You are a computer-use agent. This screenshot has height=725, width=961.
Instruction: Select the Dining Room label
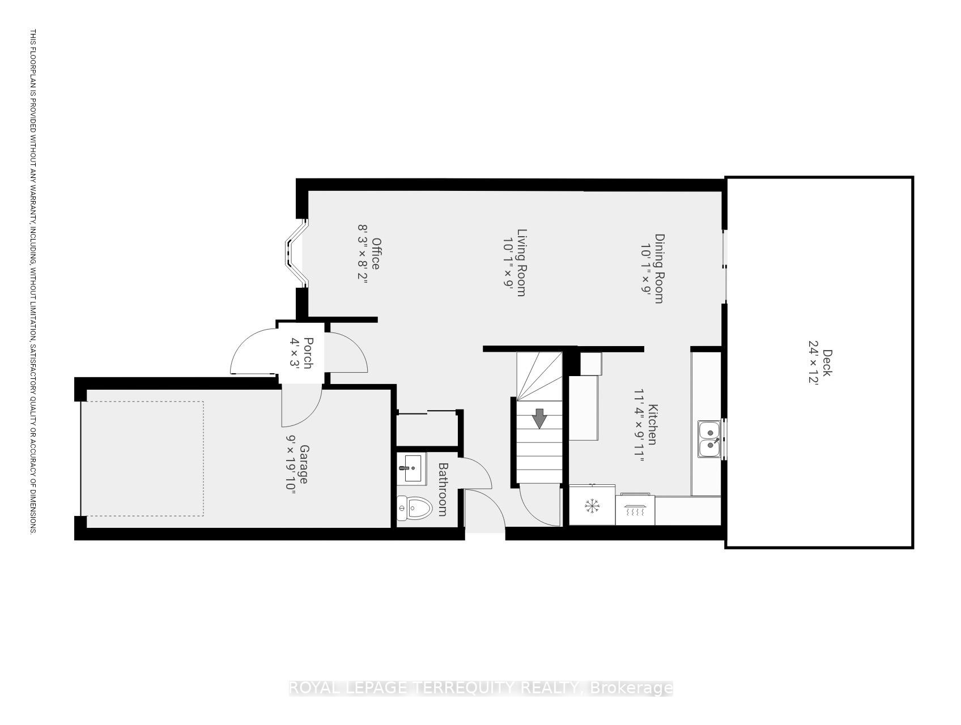[659, 268]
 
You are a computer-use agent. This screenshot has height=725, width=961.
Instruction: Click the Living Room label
[522, 262]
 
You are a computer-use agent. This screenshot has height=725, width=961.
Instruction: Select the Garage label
[304, 464]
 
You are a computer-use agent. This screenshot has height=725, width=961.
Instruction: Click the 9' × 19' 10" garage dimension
[290, 464]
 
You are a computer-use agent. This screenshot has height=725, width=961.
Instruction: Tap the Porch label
[308, 353]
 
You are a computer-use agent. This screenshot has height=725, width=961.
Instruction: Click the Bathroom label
[443, 489]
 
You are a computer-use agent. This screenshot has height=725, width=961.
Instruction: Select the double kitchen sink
[709, 439]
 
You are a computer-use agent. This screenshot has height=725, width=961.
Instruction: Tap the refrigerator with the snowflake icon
[592, 505]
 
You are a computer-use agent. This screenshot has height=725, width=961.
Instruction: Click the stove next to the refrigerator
[635, 509]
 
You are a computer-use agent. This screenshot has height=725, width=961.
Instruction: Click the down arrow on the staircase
[539, 419]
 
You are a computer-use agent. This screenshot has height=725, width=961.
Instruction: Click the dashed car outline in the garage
[143, 458]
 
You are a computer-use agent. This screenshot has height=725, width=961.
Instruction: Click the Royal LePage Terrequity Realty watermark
[480, 688]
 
